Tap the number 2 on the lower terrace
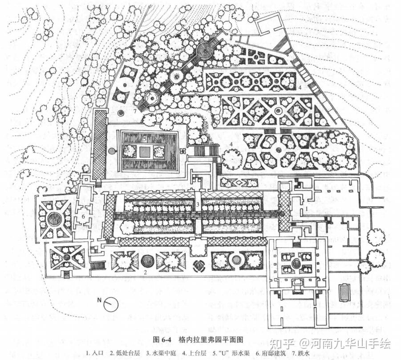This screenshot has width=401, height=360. click(x=145, y=272)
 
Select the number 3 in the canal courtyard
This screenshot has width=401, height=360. click(x=197, y=204)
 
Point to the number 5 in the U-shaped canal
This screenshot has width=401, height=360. click(x=145, y=139)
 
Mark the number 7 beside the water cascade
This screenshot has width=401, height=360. click(x=134, y=110)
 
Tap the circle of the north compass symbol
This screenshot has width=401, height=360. click(x=111, y=305)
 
